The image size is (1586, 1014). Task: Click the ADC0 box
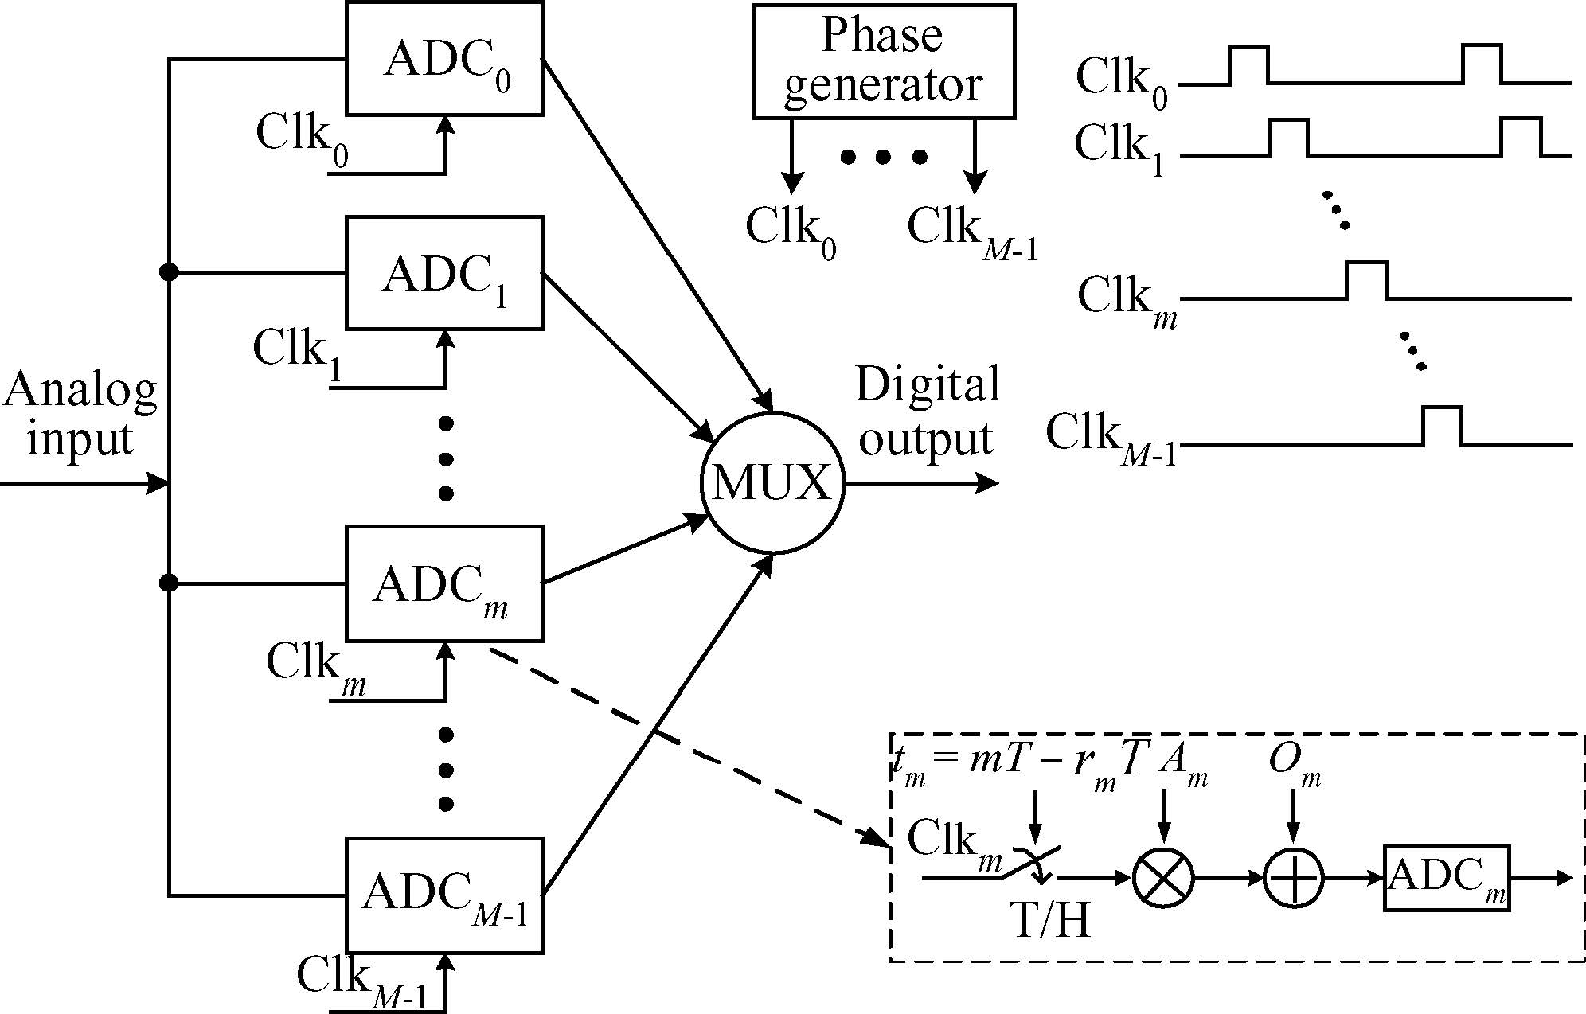pyautogui.click(x=444, y=59)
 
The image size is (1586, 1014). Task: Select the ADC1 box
pyautogui.click(x=444, y=273)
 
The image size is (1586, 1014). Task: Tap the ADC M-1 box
pyautogui.click(x=444, y=895)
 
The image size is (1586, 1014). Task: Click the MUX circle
pyautogui.click(x=772, y=483)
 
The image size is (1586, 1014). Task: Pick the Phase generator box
pyautogui.click(x=884, y=61)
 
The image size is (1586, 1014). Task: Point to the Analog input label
pyautogui.click(x=80, y=414)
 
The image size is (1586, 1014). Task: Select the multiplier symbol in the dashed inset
pyautogui.click(x=1163, y=878)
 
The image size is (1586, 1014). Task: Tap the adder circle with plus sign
pyautogui.click(x=1294, y=878)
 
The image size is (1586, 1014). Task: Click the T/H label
pyautogui.click(x=1049, y=921)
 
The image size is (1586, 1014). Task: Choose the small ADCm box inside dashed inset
pyautogui.click(x=1447, y=878)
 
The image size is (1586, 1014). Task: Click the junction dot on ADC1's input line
pyautogui.click(x=169, y=273)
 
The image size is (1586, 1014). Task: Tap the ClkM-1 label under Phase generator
pyautogui.click(x=971, y=231)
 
